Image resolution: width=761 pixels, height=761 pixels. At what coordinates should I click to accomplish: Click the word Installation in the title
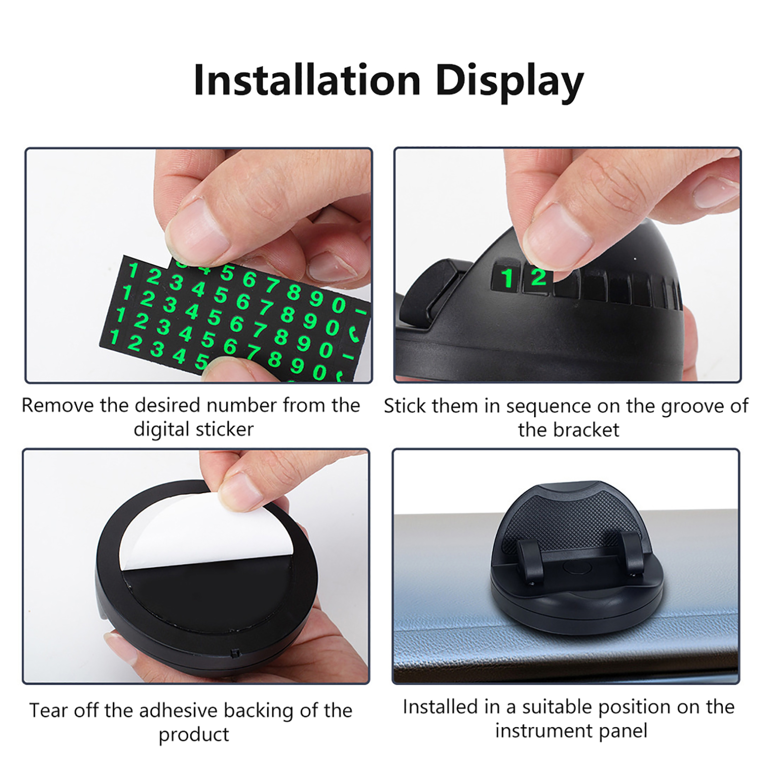click(307, 80)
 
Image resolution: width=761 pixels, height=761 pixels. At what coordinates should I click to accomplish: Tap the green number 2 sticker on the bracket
click(538, 277)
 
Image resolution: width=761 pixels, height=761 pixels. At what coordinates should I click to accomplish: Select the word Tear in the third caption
click(49, 711)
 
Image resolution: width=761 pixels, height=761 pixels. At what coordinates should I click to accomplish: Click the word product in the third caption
click(194, 735)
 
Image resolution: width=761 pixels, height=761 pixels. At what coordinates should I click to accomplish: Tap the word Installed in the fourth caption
click(440, 707)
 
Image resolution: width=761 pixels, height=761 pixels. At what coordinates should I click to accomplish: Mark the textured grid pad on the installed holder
click(573, 518)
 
